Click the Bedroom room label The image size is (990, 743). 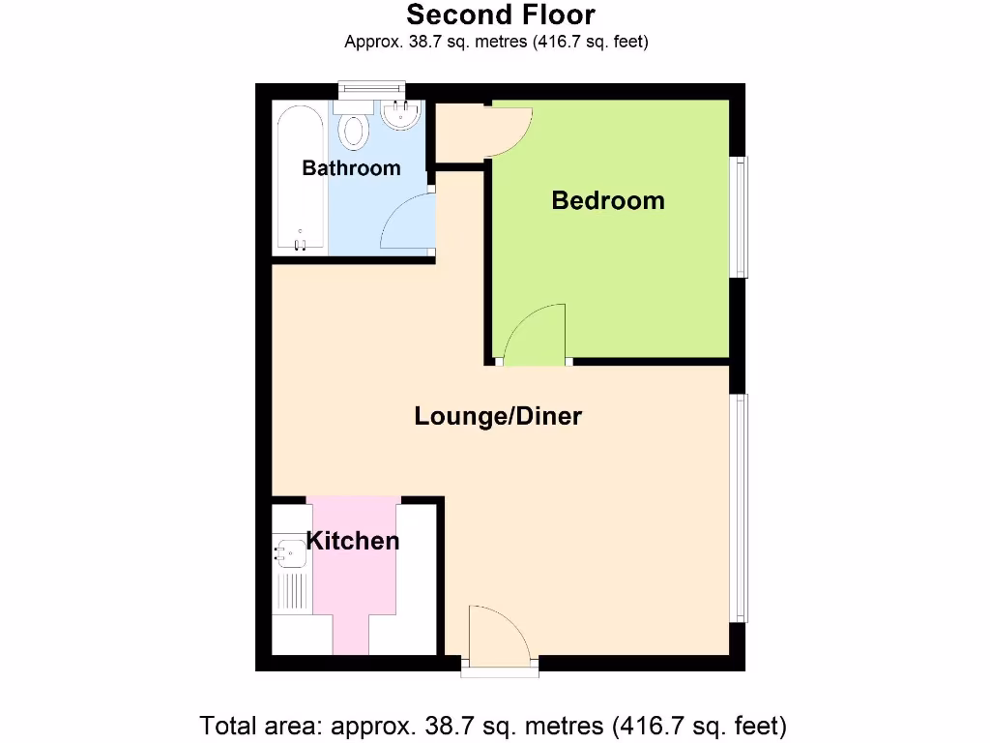(x=608, y=200)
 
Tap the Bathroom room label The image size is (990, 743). (x=351, y=168)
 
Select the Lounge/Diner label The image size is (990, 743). (x=498, y=416)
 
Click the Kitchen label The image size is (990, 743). (x=353, y=540)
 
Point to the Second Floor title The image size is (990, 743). (x=500, y=15)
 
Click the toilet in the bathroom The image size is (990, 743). (x=355, y=131)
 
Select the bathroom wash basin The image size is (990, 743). (x=399, y=115)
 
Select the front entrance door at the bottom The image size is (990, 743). (x=499, y=636)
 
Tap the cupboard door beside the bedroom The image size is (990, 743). (x=508, y=131)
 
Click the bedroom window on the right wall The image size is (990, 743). (x=740, y=218)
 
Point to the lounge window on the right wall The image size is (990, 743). (x=740, y=508)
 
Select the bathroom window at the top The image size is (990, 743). (x=371, y=91)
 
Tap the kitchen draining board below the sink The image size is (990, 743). (x=291, y=589)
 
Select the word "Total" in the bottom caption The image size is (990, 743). (x=230, y=725)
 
